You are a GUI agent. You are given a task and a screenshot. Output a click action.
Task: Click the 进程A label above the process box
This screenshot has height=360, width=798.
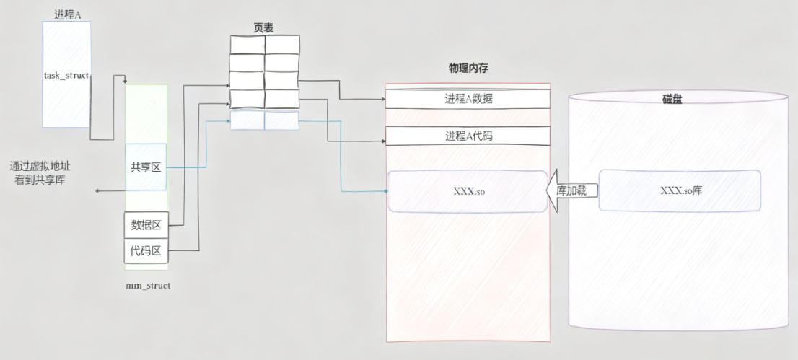pyautogui.click(x=67, y=14)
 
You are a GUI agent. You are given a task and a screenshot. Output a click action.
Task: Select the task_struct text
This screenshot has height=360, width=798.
pyautogui.click(x=66, y=74)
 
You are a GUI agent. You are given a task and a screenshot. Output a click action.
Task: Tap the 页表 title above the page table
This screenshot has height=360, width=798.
pyautogui.click(x=264, y=27)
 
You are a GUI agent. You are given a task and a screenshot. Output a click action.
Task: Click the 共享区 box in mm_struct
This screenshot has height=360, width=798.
pyautogui.click(x=146, y=167)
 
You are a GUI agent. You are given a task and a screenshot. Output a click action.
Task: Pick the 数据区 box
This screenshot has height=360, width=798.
pyautogui.click(x=146, y=225)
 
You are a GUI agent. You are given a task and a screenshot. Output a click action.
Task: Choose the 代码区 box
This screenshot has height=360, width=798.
pyautogui.click(x=146, y=250)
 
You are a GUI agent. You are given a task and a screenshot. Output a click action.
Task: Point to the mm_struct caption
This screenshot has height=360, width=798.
pyautogui.click(x=148, y=286)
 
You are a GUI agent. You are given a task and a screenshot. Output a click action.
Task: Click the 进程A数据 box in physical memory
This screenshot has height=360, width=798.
pyautogui.click(x=468, y=99)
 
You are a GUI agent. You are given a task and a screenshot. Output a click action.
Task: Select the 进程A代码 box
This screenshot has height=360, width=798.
pyautogui.click(x=468, y=135)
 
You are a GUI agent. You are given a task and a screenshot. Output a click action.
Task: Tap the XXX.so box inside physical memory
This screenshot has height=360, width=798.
pyautogui.click(x=468, y=191)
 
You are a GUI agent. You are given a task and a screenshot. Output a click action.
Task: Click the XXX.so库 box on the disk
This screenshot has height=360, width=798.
pyautogui.click(x=680, y=190)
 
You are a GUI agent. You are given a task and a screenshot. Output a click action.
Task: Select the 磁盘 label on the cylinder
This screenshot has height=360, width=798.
pyautogui.click(x=672, y=99)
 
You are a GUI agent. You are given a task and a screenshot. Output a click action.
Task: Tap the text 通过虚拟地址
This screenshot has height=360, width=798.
pyautogui.click(x=41, y=166)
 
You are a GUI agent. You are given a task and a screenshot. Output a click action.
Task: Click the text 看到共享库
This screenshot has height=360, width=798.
pyautogui.click(x=40, y=180)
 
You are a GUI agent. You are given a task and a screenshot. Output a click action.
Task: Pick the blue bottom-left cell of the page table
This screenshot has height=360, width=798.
pyautogui.click(x=247, y=120)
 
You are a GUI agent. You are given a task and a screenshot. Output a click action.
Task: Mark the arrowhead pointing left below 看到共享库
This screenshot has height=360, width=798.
pyautogui.click(x=98, y=191)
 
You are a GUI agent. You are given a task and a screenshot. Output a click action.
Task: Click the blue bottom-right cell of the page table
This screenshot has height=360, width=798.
pyautogui.click(x=281, y=120)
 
